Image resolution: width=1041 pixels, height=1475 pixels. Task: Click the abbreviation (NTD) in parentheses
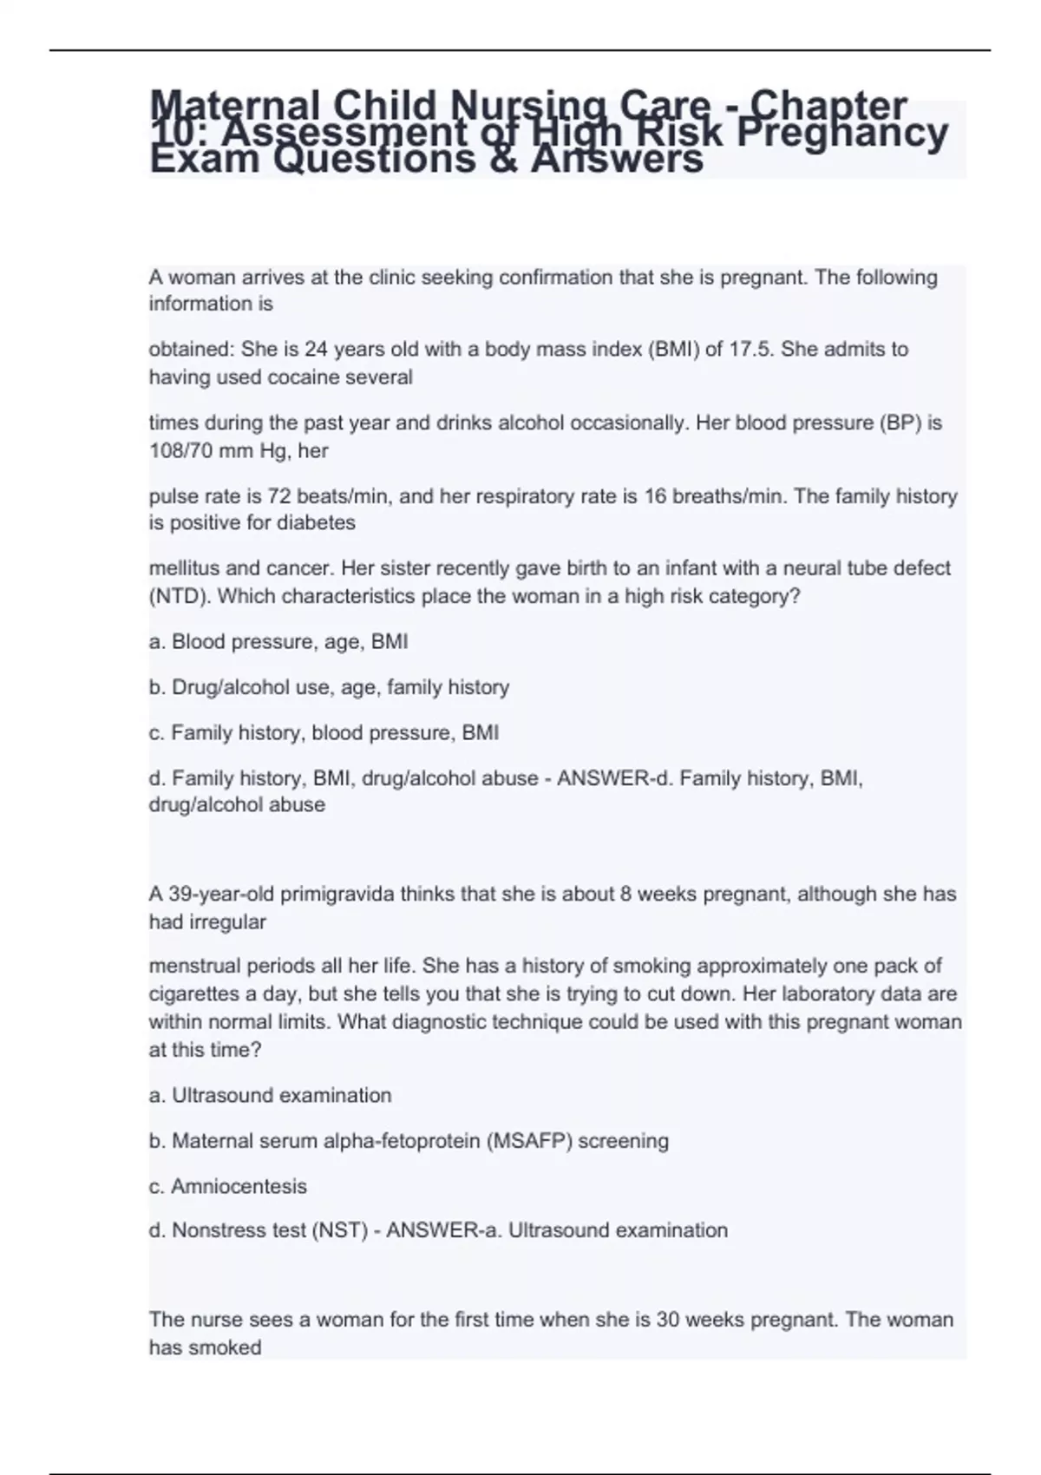point(176,597)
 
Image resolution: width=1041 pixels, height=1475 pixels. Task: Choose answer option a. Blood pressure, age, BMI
point(278,642)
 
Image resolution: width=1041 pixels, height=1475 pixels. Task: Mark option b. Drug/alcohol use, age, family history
point(329,687)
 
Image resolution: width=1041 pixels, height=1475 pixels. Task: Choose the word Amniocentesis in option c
point(239,1186)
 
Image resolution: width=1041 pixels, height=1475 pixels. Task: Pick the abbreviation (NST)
point(339,1230)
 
